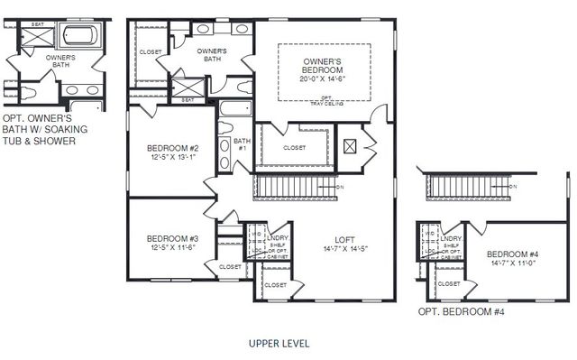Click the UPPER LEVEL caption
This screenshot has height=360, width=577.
tap(279, 344)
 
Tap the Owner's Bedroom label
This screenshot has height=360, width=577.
tap(322, 66)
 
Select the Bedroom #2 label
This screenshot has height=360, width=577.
tap(172, 148)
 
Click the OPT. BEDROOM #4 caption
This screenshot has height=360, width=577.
tap(460, 312)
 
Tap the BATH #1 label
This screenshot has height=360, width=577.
tap(242, 144)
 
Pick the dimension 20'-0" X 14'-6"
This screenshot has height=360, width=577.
tap(322, 78)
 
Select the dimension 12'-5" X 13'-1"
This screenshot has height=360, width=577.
tap(172, 158)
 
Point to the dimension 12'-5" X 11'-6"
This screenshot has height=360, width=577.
tap(172, 248)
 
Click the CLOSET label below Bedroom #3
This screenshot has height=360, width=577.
tap(230, 266)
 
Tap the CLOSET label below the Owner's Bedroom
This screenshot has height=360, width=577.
tap(294, 148)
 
